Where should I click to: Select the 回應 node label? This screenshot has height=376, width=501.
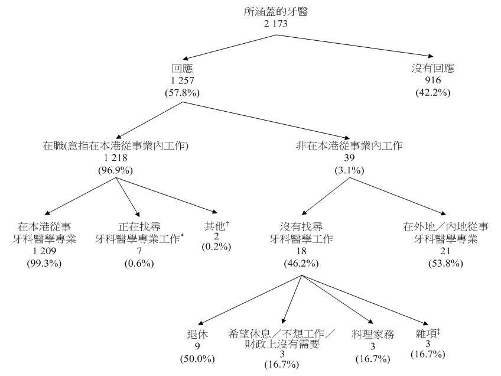tap(182, 69)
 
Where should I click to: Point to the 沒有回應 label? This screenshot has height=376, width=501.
tap(434, 69)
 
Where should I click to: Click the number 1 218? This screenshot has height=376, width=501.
tap(115, 158)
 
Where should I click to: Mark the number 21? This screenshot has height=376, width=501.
tap(446, 251)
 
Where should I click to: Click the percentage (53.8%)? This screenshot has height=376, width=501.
tap(446, 263)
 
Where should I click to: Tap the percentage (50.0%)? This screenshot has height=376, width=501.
tap(197, 358)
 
